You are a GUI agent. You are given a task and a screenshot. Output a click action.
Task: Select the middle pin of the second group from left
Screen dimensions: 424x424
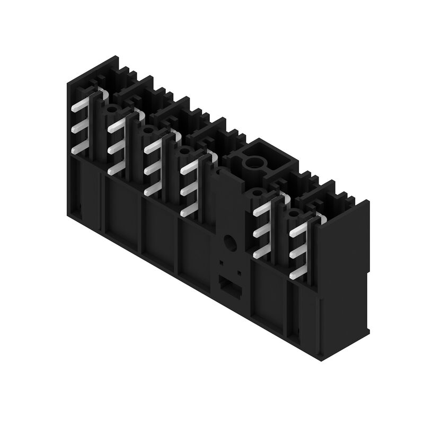tap(116, 149)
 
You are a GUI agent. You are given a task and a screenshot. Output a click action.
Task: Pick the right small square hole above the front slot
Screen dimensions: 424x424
tap(240, 272)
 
